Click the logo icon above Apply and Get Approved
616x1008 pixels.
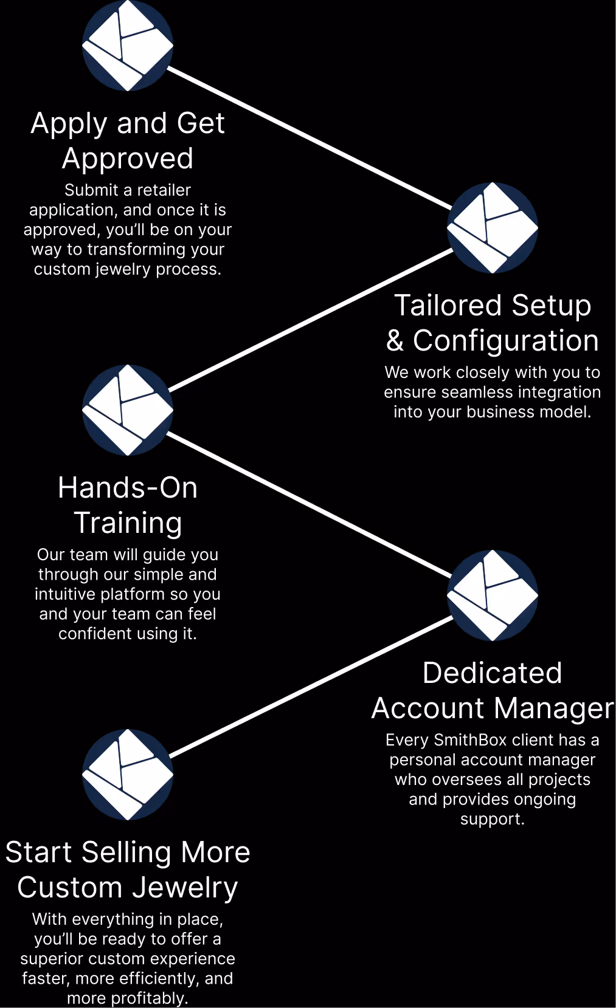(128, 46)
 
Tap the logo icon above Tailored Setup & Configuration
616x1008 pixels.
(493, 228)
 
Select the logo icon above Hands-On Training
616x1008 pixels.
(128, 410)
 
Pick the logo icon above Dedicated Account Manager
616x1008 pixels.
(493, 595)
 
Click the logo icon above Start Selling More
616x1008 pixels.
(128, 775)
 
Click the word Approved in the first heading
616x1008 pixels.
(128, 159)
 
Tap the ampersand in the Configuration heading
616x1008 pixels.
(395, 341)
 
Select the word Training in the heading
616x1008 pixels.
(128, 524)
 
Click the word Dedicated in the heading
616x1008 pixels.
(493, 673)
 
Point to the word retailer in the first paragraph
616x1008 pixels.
(164, 190)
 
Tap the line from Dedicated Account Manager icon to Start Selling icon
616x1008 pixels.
(310, 687)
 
